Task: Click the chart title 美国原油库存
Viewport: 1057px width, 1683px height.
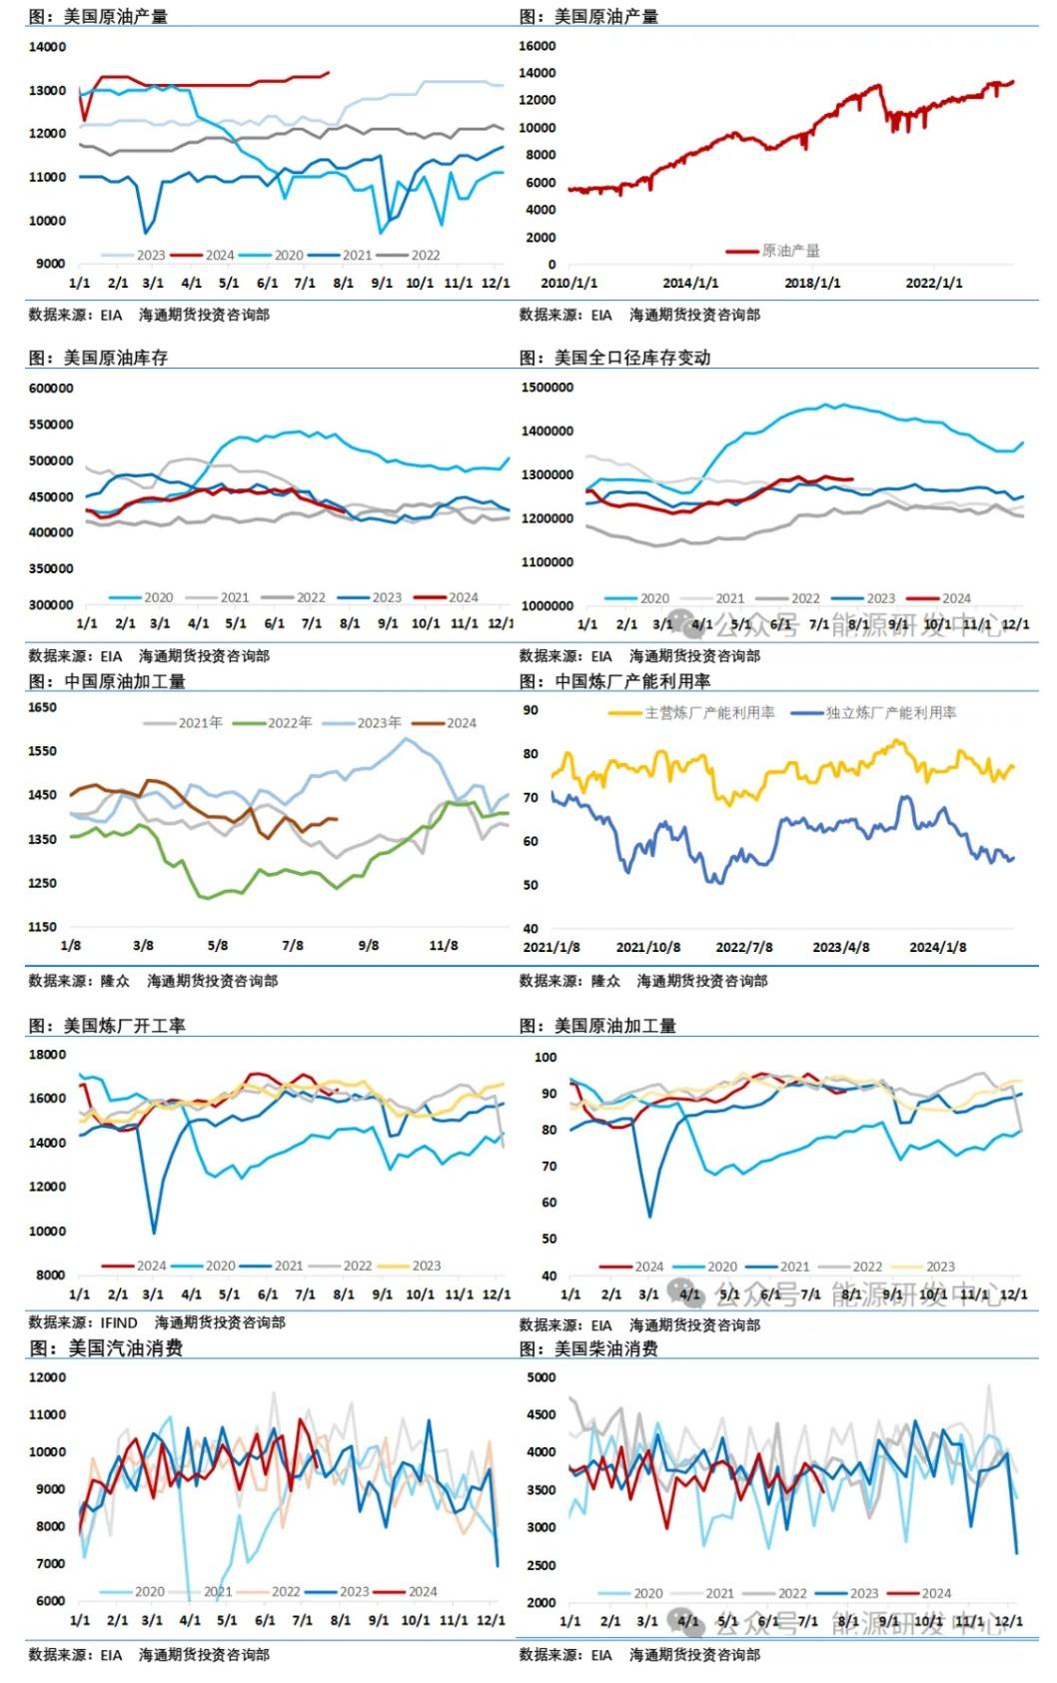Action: [115, 358]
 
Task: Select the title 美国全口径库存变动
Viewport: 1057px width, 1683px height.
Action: [631, 358]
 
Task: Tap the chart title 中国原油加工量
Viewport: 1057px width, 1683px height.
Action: [124, 681]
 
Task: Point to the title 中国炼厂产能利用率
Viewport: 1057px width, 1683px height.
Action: [632, 681]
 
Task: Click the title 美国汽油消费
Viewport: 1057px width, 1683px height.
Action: [125, 1348]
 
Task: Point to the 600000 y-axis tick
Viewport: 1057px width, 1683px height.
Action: [51, 389]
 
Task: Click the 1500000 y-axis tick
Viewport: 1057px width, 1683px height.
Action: [546, 388]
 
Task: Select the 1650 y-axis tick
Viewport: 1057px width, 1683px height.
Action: [43, 707]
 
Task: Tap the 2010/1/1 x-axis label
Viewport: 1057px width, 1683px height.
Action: [568, 284]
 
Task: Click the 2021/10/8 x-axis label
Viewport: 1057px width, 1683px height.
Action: [647, 947]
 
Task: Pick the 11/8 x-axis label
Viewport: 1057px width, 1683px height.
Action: [444, 945]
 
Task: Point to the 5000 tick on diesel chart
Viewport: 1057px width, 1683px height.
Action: [540, 1377]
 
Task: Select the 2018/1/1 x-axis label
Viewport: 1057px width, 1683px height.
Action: [812, 284]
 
